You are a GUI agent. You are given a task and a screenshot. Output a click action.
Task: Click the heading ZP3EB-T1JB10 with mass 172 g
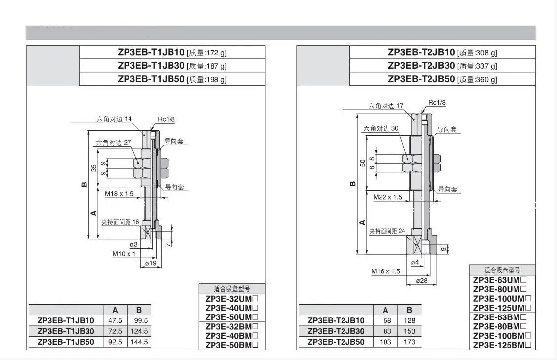point(172,52)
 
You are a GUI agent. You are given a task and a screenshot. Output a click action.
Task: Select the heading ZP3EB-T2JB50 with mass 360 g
point(442,79)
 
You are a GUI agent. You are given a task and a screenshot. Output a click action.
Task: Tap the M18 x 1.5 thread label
point(120,194)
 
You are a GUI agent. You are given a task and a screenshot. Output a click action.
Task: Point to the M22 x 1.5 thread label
point(388,197)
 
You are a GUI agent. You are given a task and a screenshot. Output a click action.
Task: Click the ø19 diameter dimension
point(151,263)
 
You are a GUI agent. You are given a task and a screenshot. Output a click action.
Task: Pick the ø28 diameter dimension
point(422,281)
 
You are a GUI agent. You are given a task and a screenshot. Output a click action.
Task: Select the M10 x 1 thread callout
point(124,254)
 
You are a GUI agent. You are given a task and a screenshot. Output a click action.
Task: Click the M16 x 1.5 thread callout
point(386,271)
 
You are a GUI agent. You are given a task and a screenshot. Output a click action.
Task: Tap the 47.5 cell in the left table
point(115,320)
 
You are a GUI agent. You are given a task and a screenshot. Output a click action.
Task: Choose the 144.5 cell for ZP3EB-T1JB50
point(139,342)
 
